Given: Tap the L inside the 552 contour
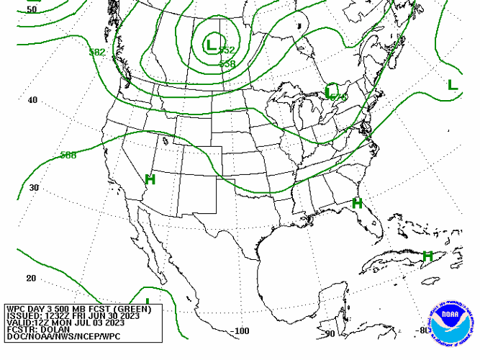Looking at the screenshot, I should click(x=210, y=45).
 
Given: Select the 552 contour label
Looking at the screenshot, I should click(x=227, y=50).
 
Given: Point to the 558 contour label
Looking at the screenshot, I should click(x=227, y=64).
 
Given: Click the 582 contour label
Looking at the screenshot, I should click(x=97, y=53).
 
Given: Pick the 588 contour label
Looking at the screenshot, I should click(x=68, y=155).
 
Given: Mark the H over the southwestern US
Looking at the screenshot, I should click(x=150, y=179).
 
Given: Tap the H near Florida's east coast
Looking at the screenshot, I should click(x=357, y=204).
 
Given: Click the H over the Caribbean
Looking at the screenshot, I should click(x=427, y=256).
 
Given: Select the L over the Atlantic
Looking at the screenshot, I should click(x=452, y=85).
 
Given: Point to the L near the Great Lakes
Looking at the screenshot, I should click(x=329, y=92).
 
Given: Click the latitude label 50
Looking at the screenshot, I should click(x=32, y=9).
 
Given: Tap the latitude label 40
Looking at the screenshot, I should click(x=32, y=100).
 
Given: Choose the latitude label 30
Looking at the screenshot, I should click(x=34, y=188).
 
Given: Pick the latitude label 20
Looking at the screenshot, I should click(x=31, y=278).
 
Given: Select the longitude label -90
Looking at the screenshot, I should click(x=330, y=333).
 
